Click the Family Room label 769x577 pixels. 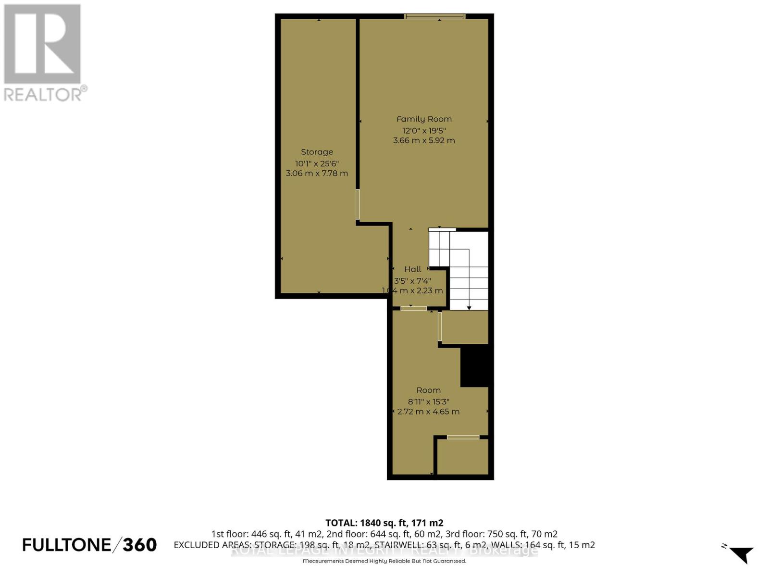point(424,119)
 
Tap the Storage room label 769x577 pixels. point(317,152)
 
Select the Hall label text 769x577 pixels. point(412,269)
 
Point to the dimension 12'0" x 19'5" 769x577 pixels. point(424,130)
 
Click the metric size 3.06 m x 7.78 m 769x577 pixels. point(317,173)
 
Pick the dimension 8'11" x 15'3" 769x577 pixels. point(428,401)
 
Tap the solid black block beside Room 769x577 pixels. point(474,366)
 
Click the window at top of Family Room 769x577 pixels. point(434,16)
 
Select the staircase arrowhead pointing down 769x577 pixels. point(469,307)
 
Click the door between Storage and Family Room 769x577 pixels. point(358,204)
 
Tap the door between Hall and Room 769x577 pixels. point(413,308)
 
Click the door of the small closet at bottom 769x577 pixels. point(463,437)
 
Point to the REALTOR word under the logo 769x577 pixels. point(43,94)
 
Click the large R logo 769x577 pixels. point(42,44)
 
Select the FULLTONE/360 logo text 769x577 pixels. point(89,545)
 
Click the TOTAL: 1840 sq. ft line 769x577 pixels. point(384,523)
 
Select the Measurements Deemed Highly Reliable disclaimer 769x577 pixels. point(384,561)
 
